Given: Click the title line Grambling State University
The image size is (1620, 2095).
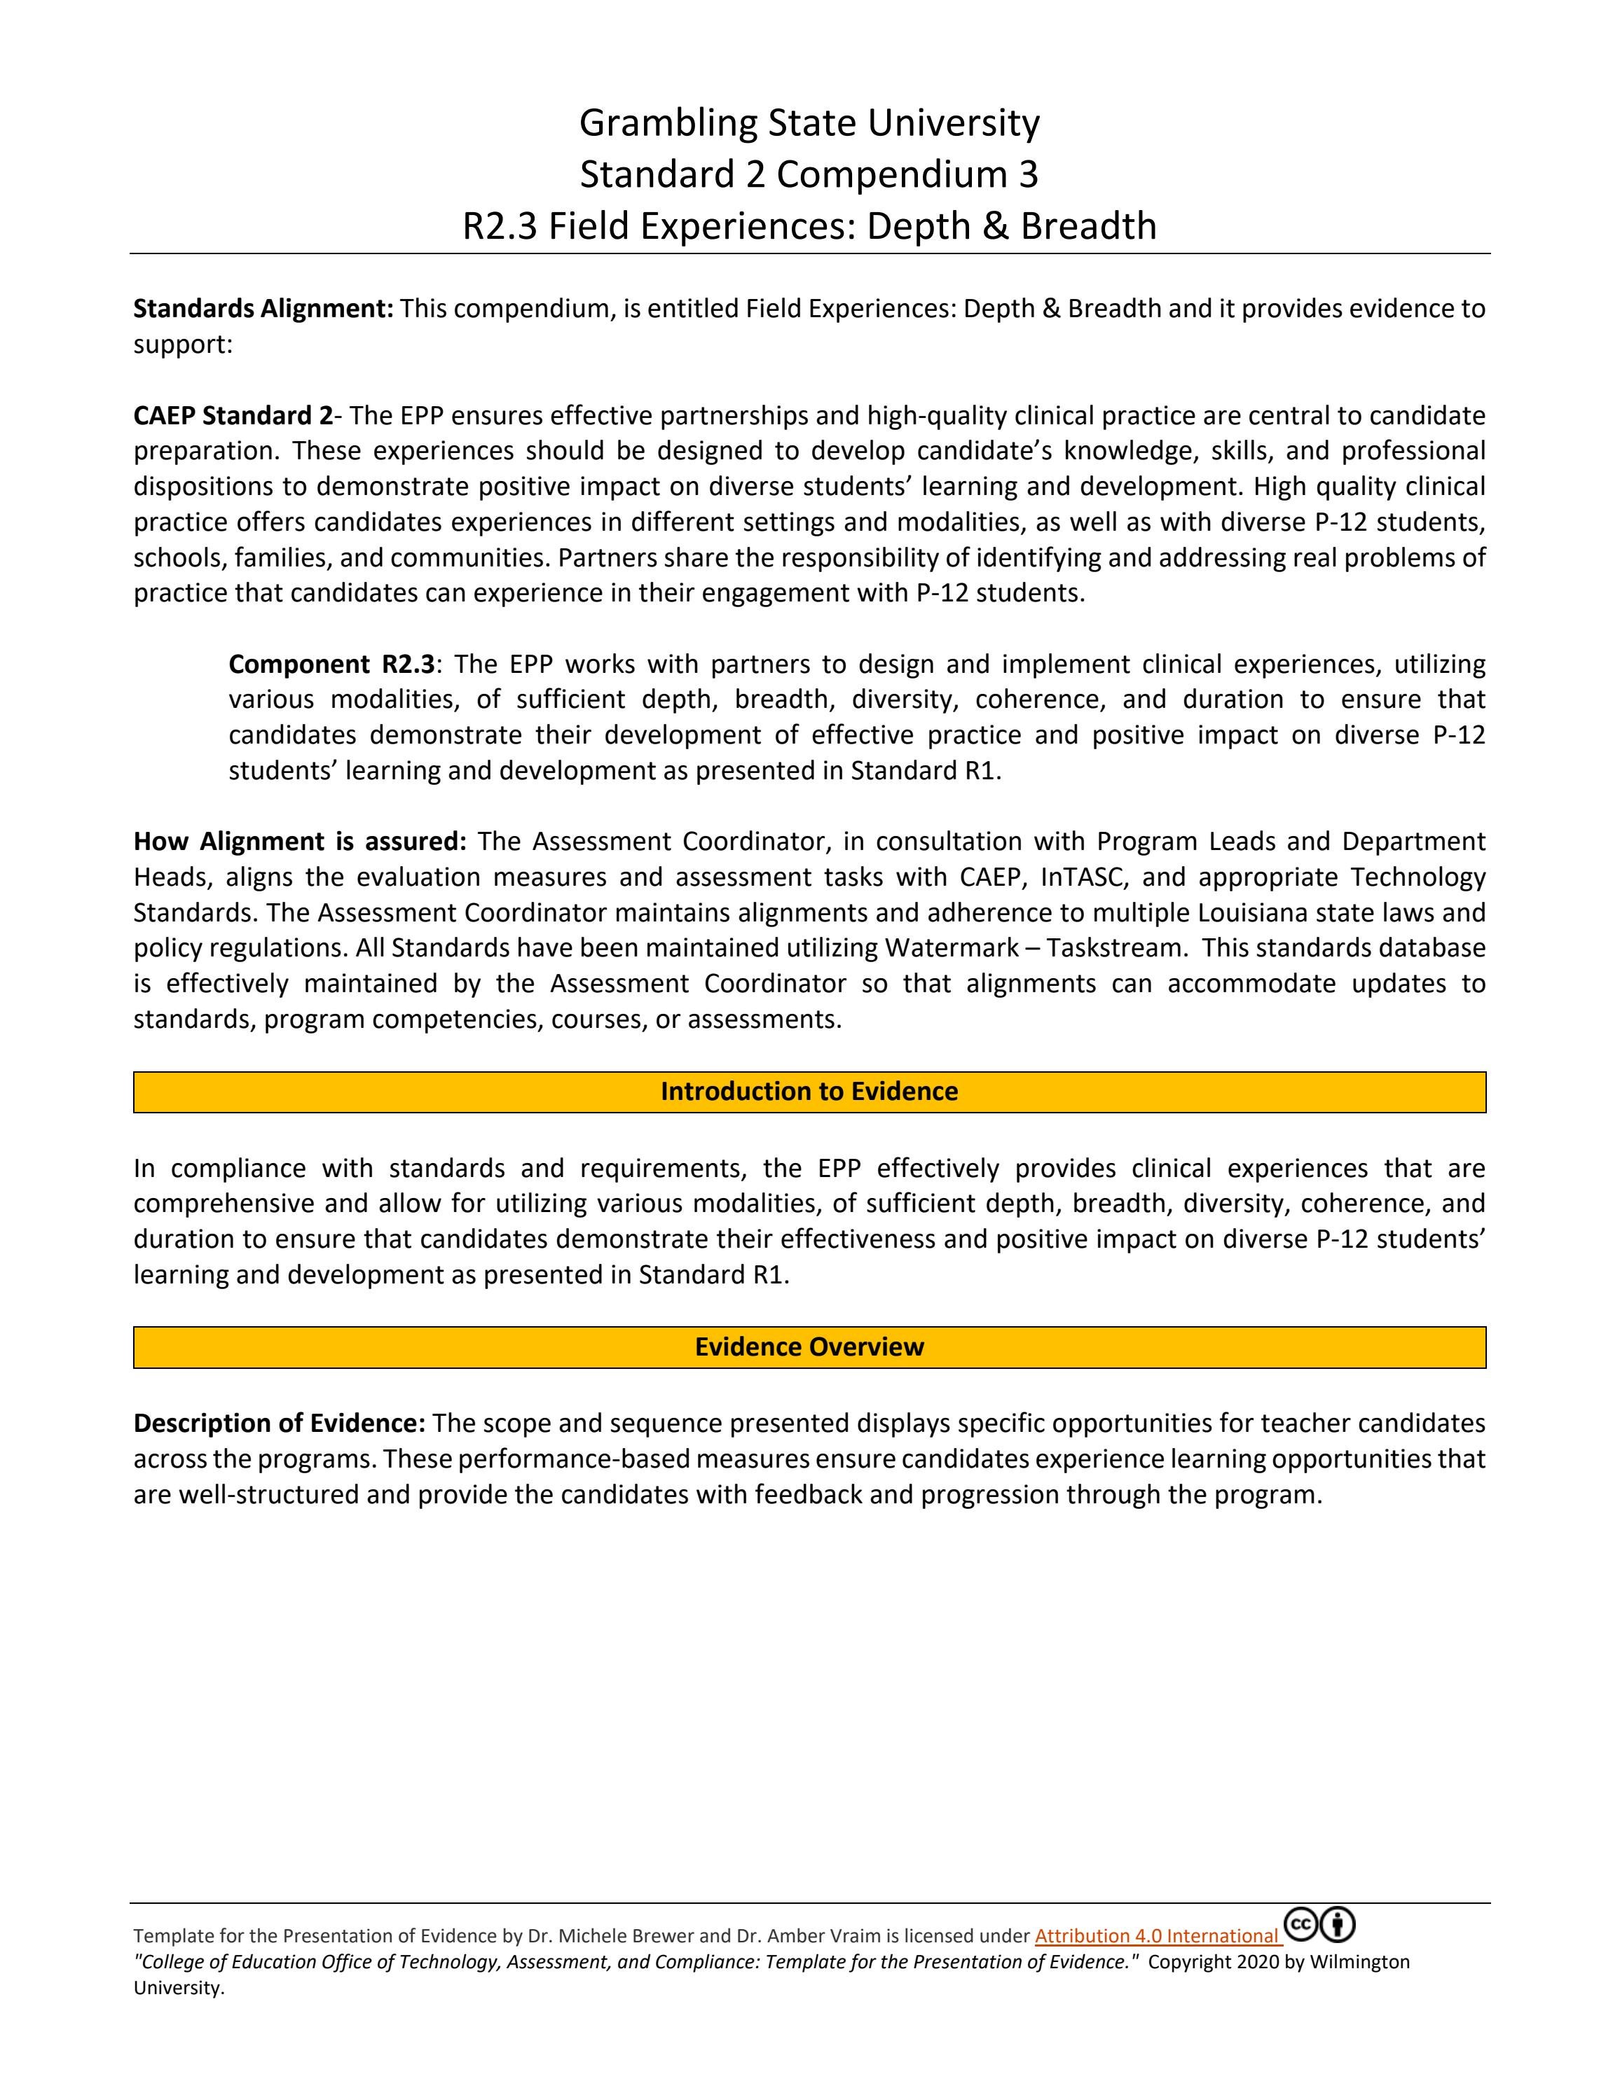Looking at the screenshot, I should [809, 123].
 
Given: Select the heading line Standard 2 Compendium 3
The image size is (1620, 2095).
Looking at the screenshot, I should [809, 174].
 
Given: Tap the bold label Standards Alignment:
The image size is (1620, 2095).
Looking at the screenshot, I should [263, 309].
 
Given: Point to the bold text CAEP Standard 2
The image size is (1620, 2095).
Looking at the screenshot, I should [232, 415].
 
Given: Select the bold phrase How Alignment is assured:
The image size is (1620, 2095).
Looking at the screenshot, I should [299, 841].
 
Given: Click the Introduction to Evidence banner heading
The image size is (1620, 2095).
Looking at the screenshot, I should [809, 1092].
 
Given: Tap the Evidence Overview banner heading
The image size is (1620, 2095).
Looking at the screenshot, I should [809, 1346].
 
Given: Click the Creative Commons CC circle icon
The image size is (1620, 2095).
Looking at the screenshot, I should [1300, 1924].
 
